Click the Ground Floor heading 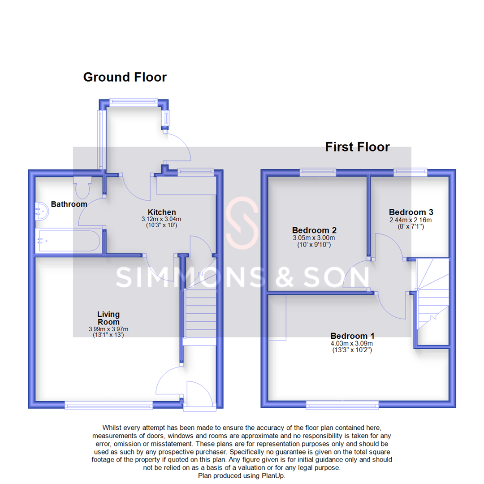(125, 77)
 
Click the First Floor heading (358, 147)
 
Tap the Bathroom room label (69, 204)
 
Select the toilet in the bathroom (82, 187)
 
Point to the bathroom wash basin (42, 212)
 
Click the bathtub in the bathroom (68, 241)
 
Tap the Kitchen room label (162, 212)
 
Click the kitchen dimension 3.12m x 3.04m (161, 219)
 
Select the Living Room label (108, 318)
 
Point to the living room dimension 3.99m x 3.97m (108, 329)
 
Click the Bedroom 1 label (352, 336)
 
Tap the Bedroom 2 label (314, 230)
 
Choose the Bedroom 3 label (411, 212)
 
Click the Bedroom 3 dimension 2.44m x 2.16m (411, 220)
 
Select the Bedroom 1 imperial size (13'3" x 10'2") (352, 350)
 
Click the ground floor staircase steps (200, 313)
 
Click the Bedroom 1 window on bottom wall (342, 405)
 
